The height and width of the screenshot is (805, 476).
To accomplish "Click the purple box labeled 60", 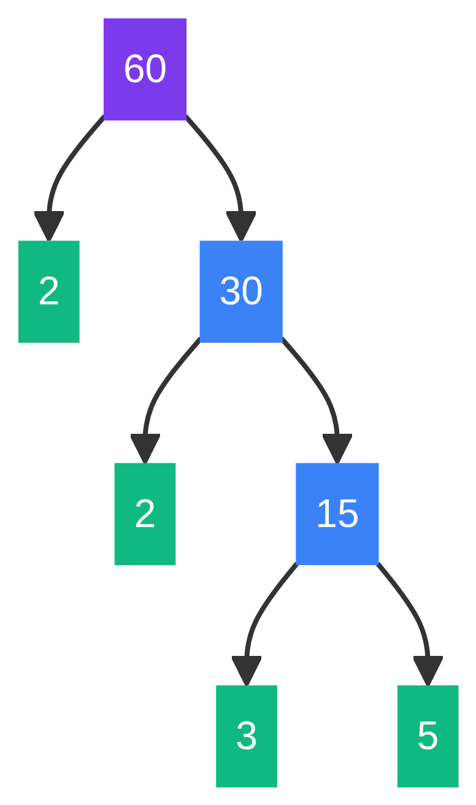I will click(x=145, y=69).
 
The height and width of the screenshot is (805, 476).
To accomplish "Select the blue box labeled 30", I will click(x=241, y=291).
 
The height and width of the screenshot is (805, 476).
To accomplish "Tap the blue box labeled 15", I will click(x=337, y=514).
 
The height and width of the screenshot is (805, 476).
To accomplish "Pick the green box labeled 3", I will click(x=246, y=736).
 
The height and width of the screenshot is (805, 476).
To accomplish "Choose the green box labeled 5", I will click(x=428, y=736).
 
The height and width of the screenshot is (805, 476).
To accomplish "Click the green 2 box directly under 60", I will click(x=48, y=291).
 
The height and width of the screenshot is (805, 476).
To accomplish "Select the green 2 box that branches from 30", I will click(x=145, y=514).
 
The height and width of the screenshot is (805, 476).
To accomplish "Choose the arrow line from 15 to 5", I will click(x=410, y=607).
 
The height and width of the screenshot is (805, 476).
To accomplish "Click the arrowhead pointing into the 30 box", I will click(x=241, y=225).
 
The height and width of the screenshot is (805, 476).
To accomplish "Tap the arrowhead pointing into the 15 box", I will click(x=337, y=447).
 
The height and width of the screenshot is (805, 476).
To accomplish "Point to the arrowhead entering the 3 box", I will click(x=246, y=669).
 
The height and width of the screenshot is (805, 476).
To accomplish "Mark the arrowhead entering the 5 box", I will click(x=428, y=669).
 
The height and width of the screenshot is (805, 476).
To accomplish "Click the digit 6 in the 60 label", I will click(x=134, y=69).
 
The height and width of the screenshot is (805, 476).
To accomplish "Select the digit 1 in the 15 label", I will click(x=325, y=514).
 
